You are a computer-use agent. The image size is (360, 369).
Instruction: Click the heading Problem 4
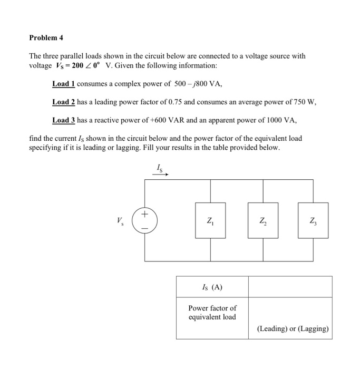click(x=46, y=38)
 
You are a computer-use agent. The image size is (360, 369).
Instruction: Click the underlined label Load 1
click(x=64, y=84)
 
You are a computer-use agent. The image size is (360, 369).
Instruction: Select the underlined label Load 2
click(x=64, y=102)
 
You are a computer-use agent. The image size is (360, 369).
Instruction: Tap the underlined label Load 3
click(x=64, y=121)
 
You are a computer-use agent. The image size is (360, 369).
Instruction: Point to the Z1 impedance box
click(x=210, y=220)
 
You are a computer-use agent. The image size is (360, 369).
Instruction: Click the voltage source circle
click(x=145, y=220)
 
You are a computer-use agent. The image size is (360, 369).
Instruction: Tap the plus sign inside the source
click(x=145, y=215)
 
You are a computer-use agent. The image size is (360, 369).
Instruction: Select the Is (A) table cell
click(x=212, y=287)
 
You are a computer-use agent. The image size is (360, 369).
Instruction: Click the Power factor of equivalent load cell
click(x=212, y=313)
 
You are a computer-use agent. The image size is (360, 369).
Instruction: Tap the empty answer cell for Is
click(x=290, y=287)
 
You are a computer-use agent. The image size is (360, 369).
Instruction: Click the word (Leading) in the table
click(x=272, y=329)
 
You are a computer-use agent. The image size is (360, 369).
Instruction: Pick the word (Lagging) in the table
click(x=313, y=329)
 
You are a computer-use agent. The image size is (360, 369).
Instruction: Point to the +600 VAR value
click(x=164, y=121)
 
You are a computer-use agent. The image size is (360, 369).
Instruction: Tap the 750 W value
click(x=303, y=102)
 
